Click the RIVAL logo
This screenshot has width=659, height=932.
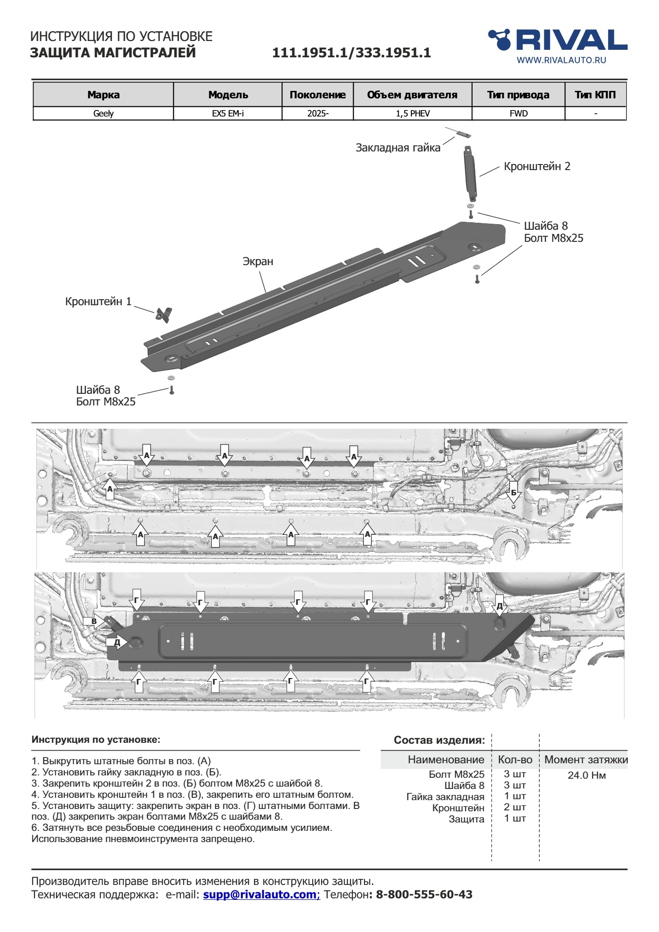(557, 40)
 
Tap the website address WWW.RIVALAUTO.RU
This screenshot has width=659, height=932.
(561, 60)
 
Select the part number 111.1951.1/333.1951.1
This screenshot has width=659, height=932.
(351, 53)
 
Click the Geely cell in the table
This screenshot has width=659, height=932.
(103, 114)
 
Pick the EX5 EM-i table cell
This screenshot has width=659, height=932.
(227, 114)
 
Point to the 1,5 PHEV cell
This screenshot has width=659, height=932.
(412, 114)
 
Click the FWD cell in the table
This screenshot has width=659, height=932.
(518, 114)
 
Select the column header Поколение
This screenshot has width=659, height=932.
(317, 95)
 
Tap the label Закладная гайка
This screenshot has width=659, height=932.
(398, 148)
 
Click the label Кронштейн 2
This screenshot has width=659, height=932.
(537, 167)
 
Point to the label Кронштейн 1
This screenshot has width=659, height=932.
(98, 302)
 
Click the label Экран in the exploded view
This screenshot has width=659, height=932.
(258, 262)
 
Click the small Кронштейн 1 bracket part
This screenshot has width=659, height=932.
(164, 315)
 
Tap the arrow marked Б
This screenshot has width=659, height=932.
(513, 493)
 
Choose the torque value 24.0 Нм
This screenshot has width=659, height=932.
(586, 775)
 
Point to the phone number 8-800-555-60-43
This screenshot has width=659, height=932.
(424, 895)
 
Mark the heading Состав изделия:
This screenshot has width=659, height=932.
(439, 740)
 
